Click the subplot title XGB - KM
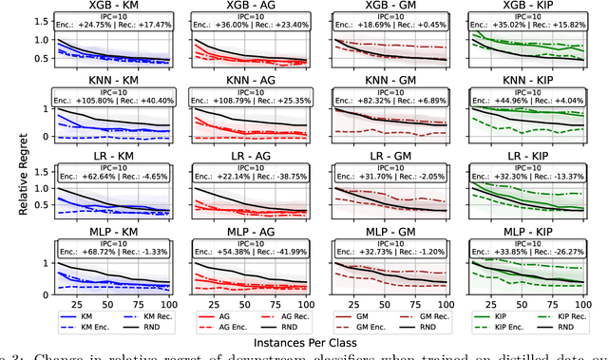[109, 8]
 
